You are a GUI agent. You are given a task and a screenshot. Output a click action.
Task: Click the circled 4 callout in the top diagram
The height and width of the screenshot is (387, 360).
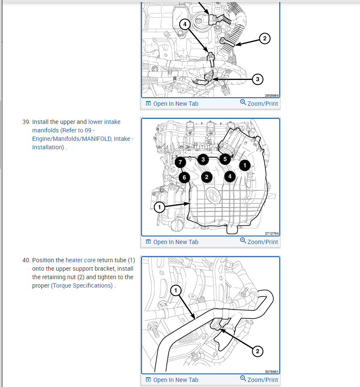(185, 24)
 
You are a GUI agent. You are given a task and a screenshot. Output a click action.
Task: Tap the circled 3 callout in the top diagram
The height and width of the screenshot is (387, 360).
(257, 79)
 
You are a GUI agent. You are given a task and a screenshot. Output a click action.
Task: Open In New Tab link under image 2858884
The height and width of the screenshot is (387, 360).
(172, 104)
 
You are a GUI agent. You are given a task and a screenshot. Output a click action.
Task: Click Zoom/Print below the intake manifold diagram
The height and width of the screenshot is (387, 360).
(259, 242)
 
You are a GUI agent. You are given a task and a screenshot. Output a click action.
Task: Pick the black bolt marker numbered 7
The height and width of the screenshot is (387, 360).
(180, 162)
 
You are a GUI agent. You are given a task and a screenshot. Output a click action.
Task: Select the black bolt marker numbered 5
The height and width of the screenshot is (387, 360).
(225, 159)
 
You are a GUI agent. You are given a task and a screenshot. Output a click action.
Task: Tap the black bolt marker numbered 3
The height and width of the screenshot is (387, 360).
(203, 159)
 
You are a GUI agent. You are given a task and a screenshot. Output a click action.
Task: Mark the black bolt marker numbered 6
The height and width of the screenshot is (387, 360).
(184, 177)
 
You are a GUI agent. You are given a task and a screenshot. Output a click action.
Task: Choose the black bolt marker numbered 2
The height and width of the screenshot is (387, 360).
(207, 176)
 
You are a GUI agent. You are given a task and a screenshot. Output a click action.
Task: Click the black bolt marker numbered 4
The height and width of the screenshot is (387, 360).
(230, 176)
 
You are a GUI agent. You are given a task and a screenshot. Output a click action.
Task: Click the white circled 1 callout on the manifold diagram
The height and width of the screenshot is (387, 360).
(159, 207)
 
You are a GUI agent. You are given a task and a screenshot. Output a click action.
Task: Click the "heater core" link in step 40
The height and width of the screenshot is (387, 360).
(80, 260)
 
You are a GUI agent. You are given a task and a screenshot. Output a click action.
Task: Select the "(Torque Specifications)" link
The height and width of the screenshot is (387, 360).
(82, 285)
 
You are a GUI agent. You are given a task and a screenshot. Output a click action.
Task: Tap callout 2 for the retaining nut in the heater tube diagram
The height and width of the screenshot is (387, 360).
(257, 351)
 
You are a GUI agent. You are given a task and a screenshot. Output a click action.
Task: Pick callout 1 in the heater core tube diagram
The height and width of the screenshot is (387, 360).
(176, 290)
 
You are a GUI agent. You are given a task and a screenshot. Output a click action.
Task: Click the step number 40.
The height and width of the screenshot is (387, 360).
(26, 260)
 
